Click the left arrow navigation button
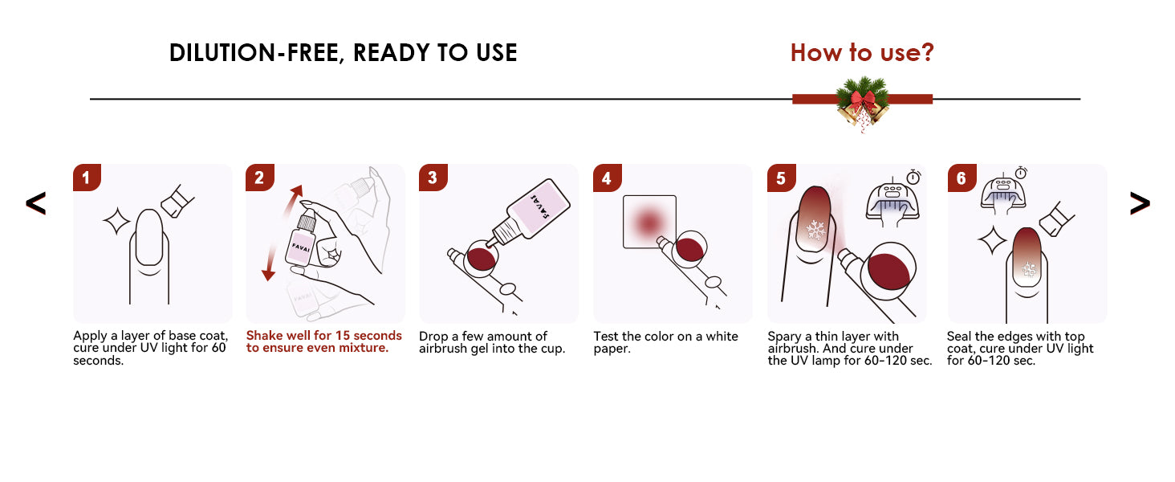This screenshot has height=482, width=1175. pos(35,203)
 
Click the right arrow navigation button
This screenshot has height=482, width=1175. pos(1140,203)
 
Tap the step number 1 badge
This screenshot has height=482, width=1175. pos(87,178)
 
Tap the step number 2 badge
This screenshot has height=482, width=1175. pos(260,178)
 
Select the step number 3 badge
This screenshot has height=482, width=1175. pos(433,178)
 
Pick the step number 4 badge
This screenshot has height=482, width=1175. pos(607,178)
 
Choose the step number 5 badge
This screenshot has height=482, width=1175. pos(781,178)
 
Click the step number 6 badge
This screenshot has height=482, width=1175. pos(962,178)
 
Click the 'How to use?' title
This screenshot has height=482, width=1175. pos(862,52)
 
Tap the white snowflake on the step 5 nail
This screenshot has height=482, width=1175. pos(815,230)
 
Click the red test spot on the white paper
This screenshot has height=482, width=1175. pos(648,222)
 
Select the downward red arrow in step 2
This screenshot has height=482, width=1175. pos(271,261)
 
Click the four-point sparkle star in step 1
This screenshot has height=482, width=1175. pos(116,221)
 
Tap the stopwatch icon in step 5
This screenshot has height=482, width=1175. pos(914,177)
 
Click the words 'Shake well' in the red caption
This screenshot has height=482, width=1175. pos(278,336)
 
